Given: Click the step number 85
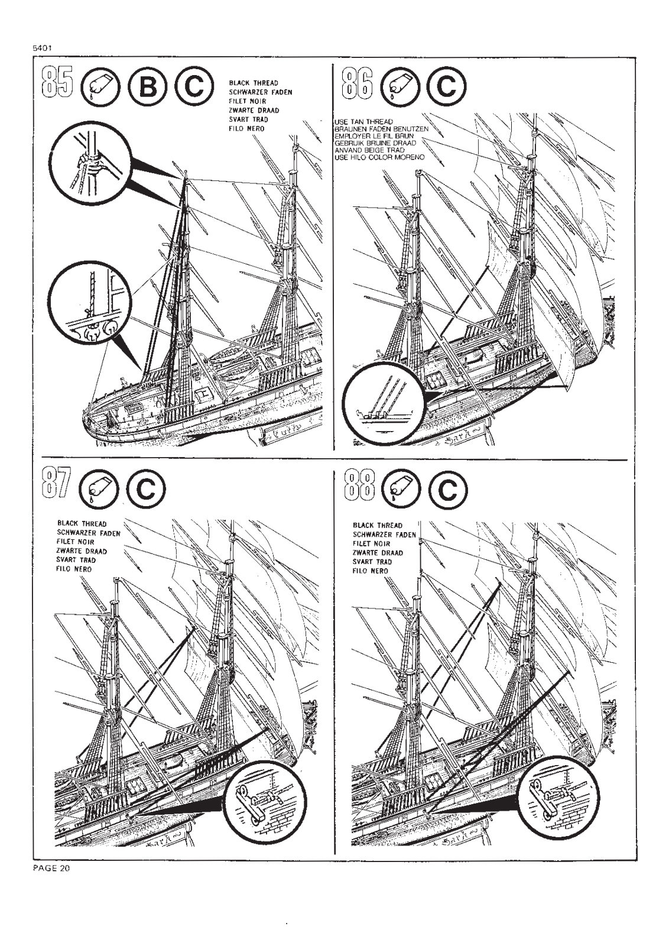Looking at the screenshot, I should pyautogui.click(x=57, y=83).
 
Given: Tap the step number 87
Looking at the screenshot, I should pyautogui.click(x=57, y=484).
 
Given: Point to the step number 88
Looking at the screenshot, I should pyautogui.click(x=358, y=485).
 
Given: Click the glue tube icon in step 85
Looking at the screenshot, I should pyautogui.click(x=100, y=88).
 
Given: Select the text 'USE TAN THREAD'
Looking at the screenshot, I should pyautogui.click(x=363, y=122).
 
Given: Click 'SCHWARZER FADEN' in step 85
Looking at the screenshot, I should pyautogui.click(x=260, y=92).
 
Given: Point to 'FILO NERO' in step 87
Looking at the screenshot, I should pyautogui.click(x=74, y=569).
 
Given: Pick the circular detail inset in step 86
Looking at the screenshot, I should pyautogui.click(x=382, y=403).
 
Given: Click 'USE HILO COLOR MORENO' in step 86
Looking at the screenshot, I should pyautogui.click(x=379, y=158).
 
